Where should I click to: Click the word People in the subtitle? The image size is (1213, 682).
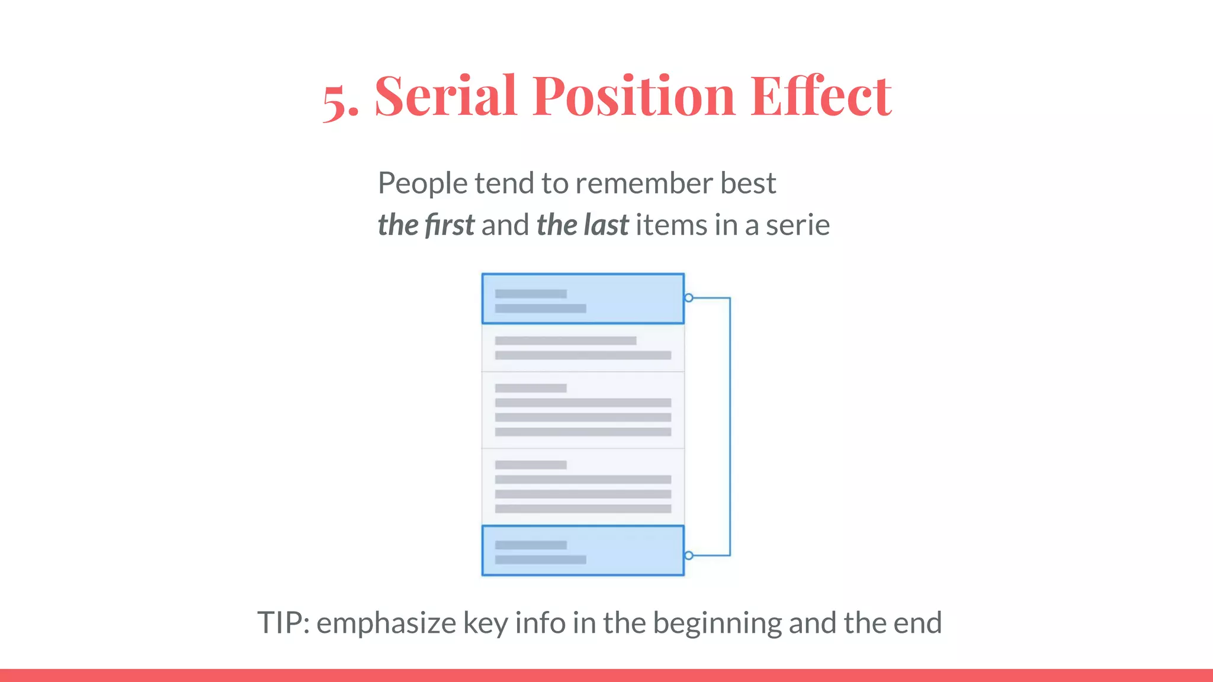click(x=423, y=184)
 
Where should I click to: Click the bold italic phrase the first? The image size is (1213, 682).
click(x=426, y=225)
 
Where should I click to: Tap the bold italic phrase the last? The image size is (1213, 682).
click(x=582, y=225)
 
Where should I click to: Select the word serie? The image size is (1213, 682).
click(x=798, y=225)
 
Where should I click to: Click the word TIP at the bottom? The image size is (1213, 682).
click(x=282, y=623)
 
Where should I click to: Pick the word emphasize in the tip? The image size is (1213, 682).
click(x=386, y=623)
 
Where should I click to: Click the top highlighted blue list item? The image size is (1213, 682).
click(x=583, y=299)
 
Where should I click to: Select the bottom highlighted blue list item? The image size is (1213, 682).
click(x=583, y=551)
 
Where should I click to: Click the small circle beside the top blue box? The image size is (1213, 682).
click(x=689, y=298)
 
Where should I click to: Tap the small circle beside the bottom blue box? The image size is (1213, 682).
click(x=689, y=555)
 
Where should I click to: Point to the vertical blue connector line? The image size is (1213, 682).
click(x=730, y=426)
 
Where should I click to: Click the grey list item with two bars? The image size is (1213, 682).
click(x=583, y=348)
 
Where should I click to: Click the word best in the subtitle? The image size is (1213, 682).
click(x=748, y=184)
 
